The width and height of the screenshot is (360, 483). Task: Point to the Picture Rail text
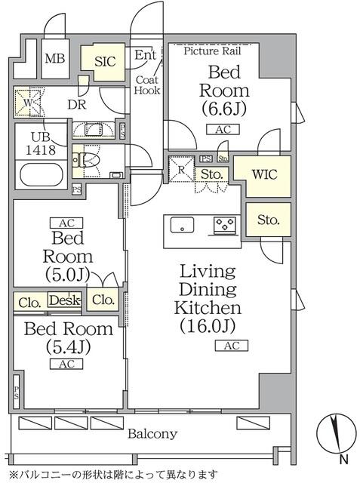(223, 51)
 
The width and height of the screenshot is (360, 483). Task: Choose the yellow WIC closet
(263, 174)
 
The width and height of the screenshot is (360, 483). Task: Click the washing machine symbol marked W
(29, 104)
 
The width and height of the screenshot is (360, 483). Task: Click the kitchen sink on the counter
(183, 224)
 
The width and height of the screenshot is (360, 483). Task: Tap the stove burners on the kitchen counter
(225, 224)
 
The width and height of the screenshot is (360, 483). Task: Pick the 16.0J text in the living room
(207, 326)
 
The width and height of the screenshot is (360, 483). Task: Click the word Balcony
(152, 434)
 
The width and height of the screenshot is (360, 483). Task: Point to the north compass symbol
(336, 438)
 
